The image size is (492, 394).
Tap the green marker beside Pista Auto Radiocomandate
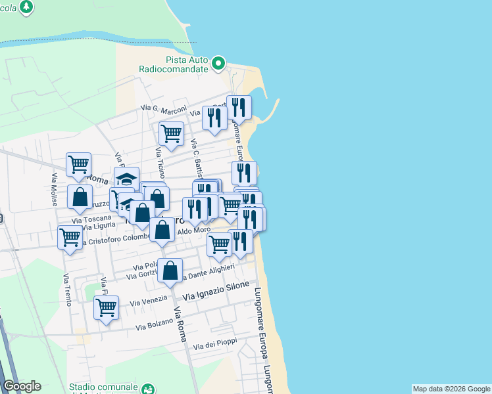tap(218, 64)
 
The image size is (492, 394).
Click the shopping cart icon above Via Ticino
tap(171, 133)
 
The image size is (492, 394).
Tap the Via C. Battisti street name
tap(195, 158)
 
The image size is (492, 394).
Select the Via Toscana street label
tap(91, 218)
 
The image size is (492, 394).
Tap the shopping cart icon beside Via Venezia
tap(106, 307)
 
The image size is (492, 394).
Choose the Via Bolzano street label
tap(155, 324)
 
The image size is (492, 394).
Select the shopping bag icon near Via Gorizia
tap(170, 271)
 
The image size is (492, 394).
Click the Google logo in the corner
tap(22, 386)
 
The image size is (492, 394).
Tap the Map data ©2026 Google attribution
tap(451, 389)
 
